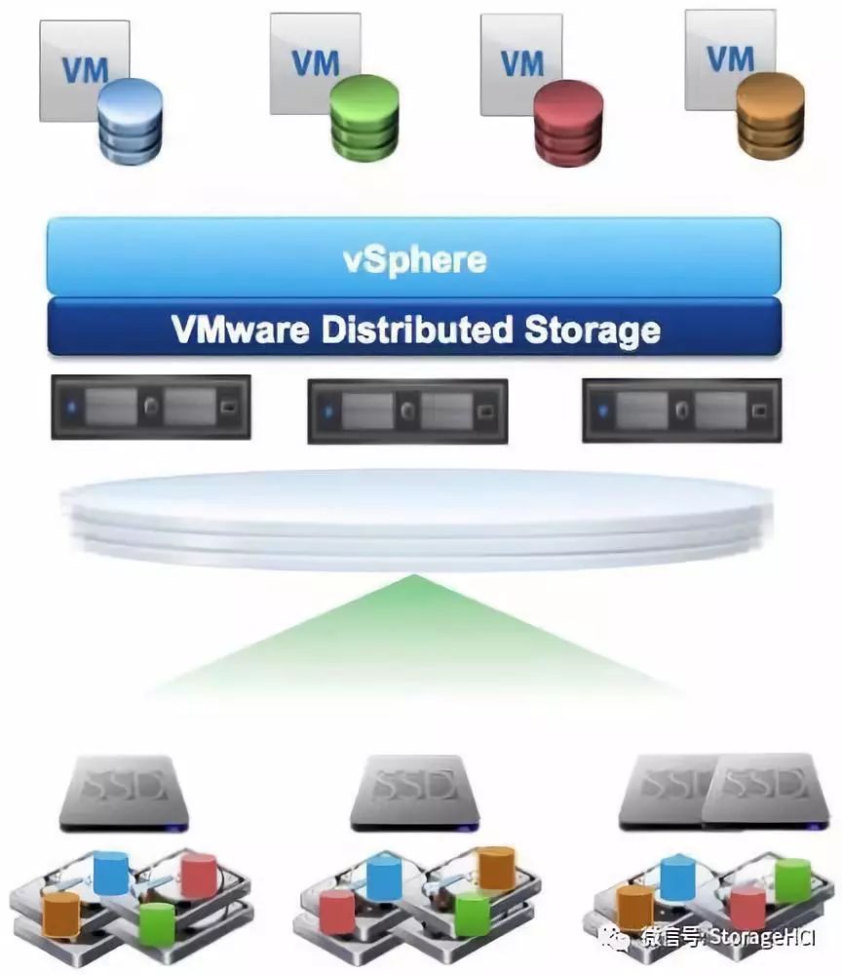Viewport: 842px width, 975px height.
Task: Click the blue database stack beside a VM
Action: (x=130, y=121)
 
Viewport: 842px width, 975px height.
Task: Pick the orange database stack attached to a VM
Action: (x=770, y=114)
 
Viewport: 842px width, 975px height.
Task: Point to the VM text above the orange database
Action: (x=731, y=58)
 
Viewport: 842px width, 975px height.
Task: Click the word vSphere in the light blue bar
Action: (x=414, y=259)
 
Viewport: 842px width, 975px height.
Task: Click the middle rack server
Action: (x=407, y=410)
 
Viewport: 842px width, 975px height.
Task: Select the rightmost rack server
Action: (x=681, y=410)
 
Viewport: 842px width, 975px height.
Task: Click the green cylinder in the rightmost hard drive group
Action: (x=792, y=879)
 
